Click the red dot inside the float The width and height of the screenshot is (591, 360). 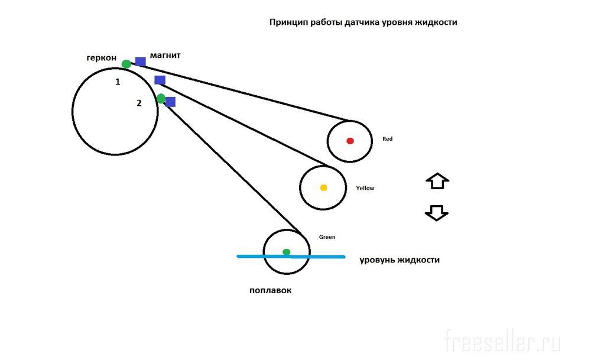click(x=350, y=141)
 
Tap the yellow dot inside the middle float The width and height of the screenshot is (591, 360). click(x=323, y=188)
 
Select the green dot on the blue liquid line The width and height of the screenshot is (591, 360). click(x=287, y=252)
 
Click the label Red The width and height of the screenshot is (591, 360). click(x=387, y=139)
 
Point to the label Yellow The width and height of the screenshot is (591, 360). click(x=365, y=188)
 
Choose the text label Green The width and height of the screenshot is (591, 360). click(x=327, y=237)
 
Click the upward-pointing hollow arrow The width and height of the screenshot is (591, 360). click(x=437, y=181)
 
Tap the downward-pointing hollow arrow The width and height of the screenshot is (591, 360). click(x=437, y=213)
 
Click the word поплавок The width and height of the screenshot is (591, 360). click(x=271, y=290)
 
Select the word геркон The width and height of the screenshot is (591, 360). click(x=100, y=58)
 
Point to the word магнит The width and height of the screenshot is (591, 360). click(x=165, y=55)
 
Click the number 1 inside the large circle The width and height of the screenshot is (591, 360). click(x=118, y=82)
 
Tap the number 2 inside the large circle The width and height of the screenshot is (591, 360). click(x=139, y=103)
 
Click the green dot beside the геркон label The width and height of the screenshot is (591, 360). click(x=126, y=64)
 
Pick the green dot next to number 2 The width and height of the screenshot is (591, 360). click(x=161, y=98)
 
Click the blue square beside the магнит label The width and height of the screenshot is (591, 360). click(x=141, y=61)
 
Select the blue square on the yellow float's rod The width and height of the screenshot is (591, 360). click(x=160, y=80)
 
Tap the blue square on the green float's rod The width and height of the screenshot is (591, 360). click(x=170, y=102)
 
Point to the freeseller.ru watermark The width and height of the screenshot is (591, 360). click(x=502, y=342)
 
